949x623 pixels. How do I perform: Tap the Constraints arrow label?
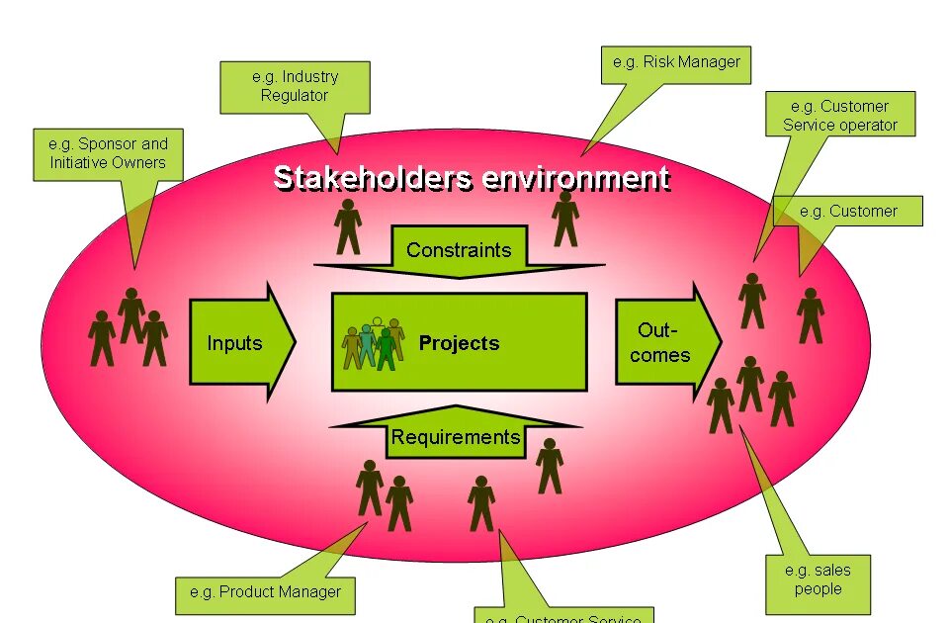459,249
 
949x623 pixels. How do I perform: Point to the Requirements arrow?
455,436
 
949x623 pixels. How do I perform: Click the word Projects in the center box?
459,343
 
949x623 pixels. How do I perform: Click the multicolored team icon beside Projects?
374,343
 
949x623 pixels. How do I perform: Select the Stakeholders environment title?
472,179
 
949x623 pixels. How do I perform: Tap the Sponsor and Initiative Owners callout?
108,153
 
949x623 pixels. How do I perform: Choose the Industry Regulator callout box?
295,86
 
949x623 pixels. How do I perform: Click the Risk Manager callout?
676,62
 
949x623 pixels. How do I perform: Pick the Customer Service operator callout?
840,115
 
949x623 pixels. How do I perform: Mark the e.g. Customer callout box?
848,211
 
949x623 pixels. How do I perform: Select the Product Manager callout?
265,592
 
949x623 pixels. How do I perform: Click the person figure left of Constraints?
348,226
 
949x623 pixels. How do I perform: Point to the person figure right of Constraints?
565,219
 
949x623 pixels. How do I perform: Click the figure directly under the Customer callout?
811,314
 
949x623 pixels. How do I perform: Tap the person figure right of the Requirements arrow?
550,466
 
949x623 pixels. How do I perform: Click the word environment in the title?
575,179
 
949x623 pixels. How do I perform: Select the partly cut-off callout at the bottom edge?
563,615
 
